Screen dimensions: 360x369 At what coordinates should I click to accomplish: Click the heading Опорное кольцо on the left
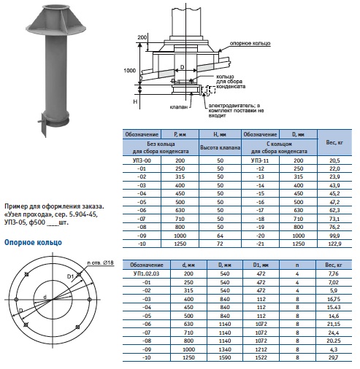coord(33,242)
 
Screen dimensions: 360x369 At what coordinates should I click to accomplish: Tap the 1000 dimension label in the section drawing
coord(129,71)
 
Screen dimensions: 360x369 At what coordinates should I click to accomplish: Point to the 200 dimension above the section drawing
coord(142,37)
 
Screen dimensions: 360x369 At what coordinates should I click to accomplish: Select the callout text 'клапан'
coord(179,106)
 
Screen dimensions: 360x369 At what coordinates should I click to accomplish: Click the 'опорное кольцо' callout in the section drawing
coord(250,43)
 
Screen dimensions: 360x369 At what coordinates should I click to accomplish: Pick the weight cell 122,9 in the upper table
coord(334,244)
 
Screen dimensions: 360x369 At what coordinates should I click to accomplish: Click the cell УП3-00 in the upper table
coord(142,160)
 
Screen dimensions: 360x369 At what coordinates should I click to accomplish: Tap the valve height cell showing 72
coord(220,244)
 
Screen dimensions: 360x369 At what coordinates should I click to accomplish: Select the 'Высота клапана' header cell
coord(220,147)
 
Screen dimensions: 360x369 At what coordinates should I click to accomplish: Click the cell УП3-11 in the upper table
coord(260,160)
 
